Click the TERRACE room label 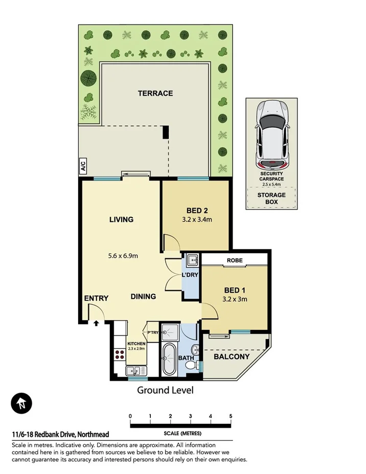[x=155, y=93]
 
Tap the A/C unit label [x=82, y=166]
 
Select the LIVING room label [x=121, y=219]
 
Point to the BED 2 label [x=197, y=210]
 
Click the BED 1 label [x=235, y=289]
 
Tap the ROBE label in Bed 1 [x=235, y=260]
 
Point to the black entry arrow [x=96, y=323]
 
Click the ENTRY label [x=96, y=298]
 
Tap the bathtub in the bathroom [x=169, y=359]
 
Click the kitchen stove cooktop [x=121, y=353]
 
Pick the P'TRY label [x=152, y=332]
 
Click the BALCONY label [x=232, y=356]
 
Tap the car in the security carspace [x=272, y=134]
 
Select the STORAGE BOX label [x=271, y=198]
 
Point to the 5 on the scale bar [x=231, y=416]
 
